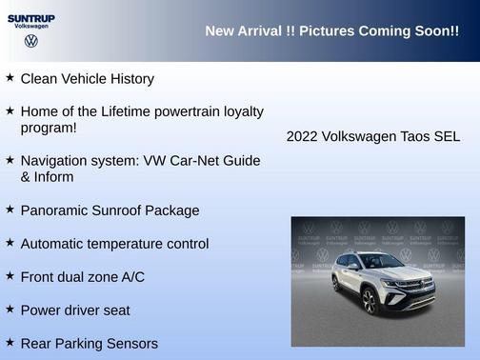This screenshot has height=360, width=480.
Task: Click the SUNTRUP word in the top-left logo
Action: pyautogui.click(x=30, y=18)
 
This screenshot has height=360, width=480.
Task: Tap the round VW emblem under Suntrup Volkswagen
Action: pyautogui.click(x=30, y=42)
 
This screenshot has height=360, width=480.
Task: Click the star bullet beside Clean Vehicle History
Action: pyautogui.click(x=10, y=78)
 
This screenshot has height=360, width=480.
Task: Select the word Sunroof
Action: pyautogui.click(x=119, y=210)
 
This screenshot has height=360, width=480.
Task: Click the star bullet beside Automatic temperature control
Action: pyautogui.click(x=10, y=243)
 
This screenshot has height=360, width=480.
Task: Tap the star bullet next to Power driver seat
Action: pyautogui.click(x=10, y=309)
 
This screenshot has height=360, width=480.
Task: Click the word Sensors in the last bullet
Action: pyautogui.click(x=131, y=343)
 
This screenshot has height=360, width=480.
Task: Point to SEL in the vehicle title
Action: pyautogui.click(x=448, y=136)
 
